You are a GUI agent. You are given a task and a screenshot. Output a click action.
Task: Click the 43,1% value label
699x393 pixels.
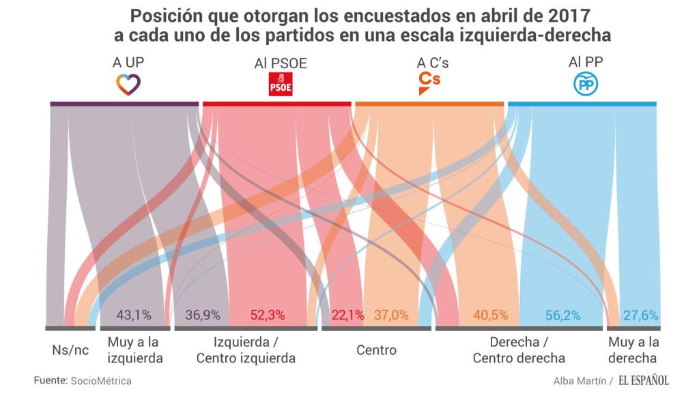(x=134, y=315)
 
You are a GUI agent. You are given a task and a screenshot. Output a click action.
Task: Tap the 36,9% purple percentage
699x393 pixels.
(x=202, y=315)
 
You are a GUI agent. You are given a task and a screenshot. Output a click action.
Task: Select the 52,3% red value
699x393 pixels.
(x=268, y=315)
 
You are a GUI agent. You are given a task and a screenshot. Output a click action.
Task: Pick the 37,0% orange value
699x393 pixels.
(x=391, y=315)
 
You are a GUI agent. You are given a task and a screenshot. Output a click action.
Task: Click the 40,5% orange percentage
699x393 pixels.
(x=491, y=315)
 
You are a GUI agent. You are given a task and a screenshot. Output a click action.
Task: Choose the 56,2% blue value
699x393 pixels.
(x=563, y=315)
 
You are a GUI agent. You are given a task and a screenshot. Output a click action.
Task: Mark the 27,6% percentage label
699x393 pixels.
(x=642, y=315)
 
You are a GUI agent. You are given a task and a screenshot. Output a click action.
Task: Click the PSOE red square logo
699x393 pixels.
(x=281, y=85)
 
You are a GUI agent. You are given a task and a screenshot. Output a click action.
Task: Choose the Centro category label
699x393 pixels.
(x=376, y=350)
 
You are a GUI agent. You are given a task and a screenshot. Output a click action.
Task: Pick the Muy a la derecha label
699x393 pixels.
(x=633, y=349)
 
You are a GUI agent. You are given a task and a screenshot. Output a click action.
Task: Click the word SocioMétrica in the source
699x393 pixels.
(x=101, y=380)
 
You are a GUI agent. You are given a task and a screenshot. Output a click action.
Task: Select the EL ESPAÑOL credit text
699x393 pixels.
(x=644, y=380)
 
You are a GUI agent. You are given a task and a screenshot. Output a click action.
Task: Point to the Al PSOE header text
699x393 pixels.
(x=281, y=63)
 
